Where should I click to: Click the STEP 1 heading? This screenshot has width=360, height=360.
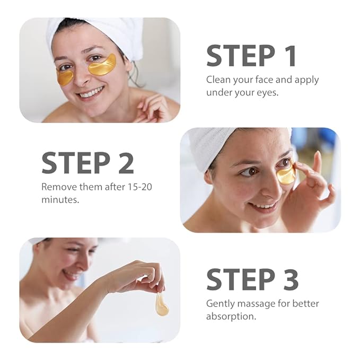click(x=251, y=56)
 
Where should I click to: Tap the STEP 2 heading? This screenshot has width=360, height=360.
click(x=87, y=162)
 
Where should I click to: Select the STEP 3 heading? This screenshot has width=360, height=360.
click(x=252, y=279)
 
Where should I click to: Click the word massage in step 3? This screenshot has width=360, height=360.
click(x=253, y=304)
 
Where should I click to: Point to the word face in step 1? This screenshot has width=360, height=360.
click(x=268, y=80)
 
